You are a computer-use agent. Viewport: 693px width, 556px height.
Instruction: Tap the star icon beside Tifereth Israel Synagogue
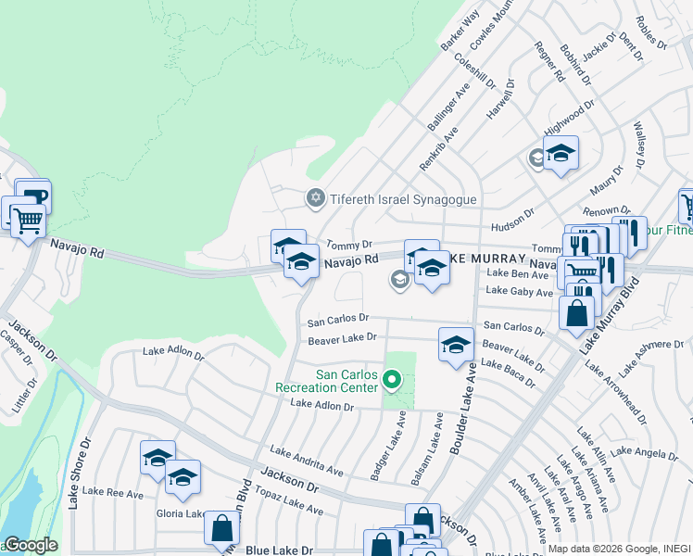[x=315, y=198]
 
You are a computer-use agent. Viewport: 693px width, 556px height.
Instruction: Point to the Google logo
[x=30, y=545]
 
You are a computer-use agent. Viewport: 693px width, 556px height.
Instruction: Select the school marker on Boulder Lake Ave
[x=455, y=345]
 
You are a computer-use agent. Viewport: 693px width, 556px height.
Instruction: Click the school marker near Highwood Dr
[x=561, y=153]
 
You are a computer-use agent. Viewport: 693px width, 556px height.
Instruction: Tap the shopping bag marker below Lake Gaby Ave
[x=576, y=314]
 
